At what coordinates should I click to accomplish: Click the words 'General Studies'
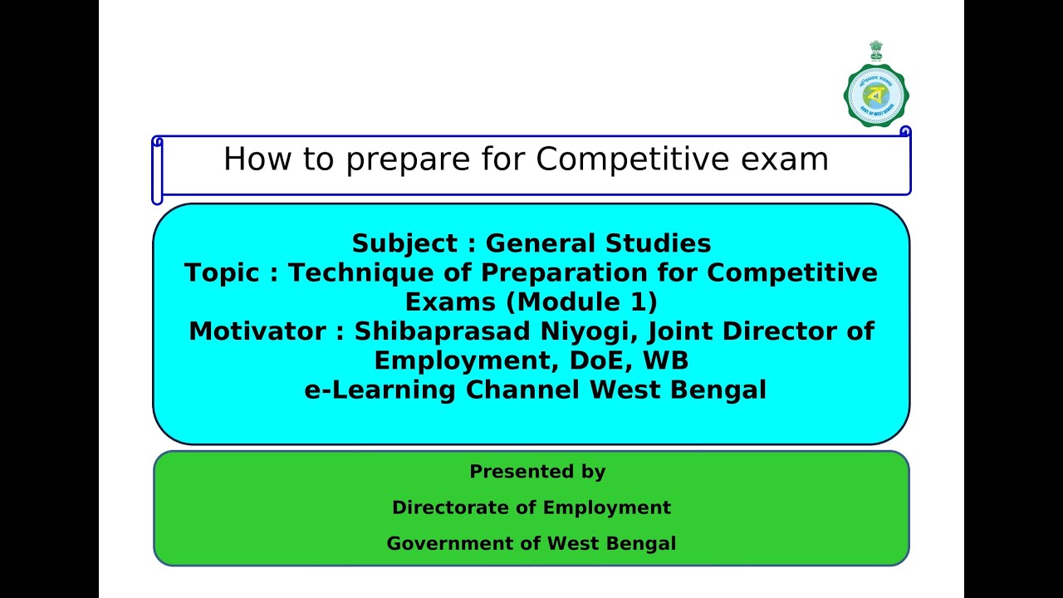pos(598,243)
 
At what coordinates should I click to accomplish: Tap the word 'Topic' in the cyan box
pos(222,272)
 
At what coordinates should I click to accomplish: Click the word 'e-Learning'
pos(380,390)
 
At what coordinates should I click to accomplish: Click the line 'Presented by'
pos(537,472)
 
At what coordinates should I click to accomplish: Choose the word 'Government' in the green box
pos(454,544)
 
